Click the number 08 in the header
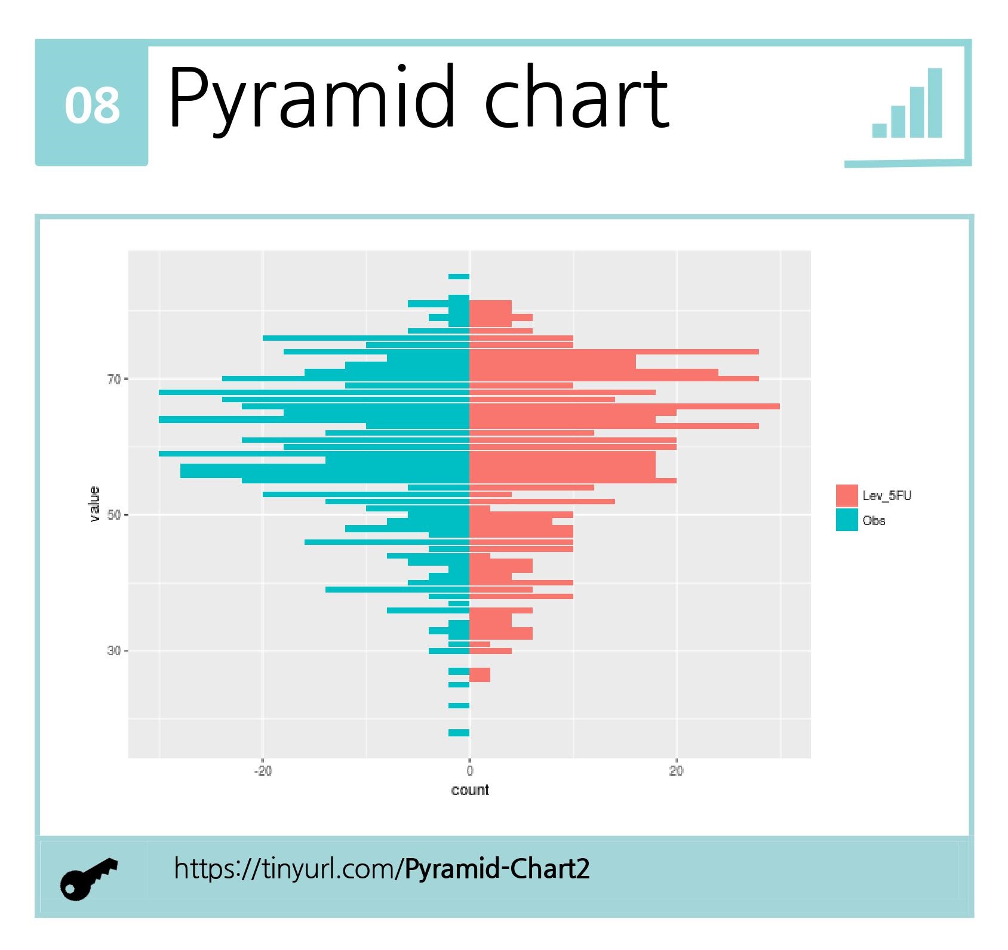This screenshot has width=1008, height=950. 92,106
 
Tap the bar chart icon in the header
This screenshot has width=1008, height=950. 907,104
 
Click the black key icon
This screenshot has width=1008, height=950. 88,878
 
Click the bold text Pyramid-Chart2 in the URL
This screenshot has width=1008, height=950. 497,869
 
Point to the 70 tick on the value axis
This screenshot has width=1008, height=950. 114,380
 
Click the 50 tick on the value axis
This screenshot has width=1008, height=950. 114,515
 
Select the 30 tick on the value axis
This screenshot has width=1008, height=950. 114,650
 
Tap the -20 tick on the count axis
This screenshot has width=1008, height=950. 263,771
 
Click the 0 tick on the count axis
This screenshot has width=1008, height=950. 470,771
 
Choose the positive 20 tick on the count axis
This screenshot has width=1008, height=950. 676,771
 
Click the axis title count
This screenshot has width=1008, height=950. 470,790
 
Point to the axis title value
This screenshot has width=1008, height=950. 94,504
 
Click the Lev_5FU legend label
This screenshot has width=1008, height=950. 887,496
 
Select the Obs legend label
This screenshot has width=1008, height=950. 874,520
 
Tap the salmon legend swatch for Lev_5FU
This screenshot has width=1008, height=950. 847,496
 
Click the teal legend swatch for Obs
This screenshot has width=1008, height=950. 847,520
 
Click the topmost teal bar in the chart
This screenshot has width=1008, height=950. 459,277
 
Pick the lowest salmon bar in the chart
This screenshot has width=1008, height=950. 480,675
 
